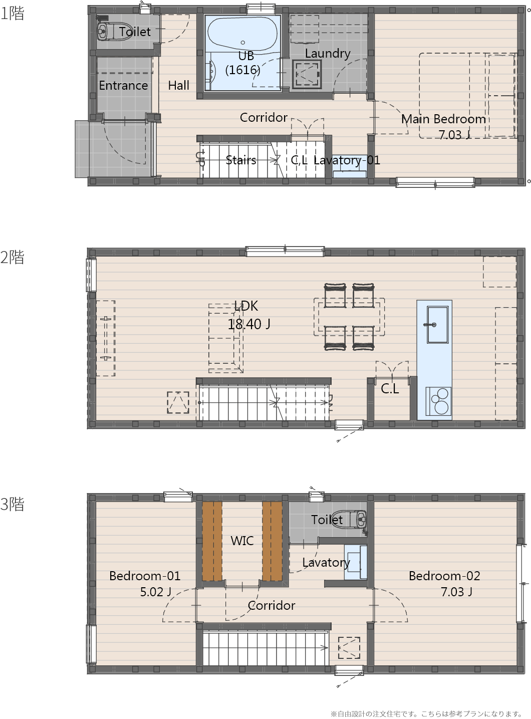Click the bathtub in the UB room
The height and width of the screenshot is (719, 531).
click(242, 34)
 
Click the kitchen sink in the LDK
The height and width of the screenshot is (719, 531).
click(437, 325)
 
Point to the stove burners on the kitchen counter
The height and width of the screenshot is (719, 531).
click(438, 401)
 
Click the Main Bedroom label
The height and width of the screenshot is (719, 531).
click(443, 119)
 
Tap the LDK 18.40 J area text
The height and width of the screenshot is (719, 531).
click(248, 324)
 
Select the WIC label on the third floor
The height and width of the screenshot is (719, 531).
click(242, 541)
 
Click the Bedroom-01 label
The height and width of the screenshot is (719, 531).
click(145, 576)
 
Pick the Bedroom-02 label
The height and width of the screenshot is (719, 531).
click(444, 576)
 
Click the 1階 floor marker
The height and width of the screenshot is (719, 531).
click(12, 14)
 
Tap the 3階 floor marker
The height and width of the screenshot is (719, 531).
click(12, 505)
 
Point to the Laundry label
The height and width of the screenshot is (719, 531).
click(328, 54)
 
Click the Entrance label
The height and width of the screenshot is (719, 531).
click(124, 86)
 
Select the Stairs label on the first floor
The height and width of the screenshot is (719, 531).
click(241, 160)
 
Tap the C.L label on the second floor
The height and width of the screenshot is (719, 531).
click(390, 389)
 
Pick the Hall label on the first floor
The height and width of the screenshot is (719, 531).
click(179, 86)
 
